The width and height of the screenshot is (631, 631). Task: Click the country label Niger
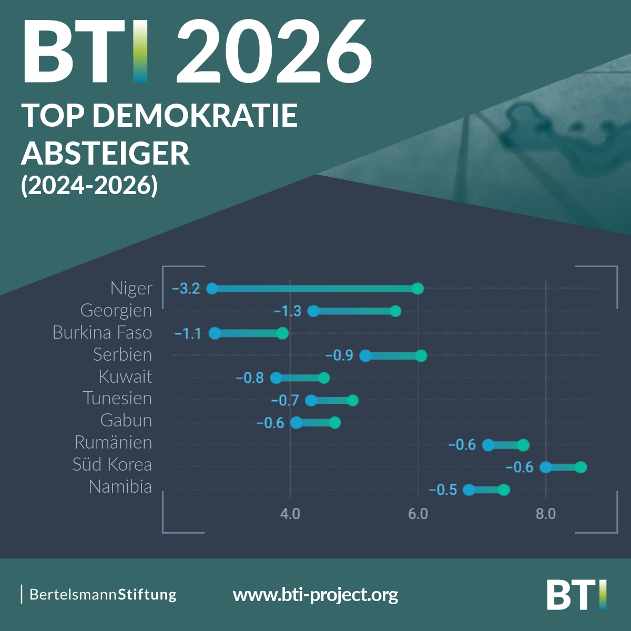pos(131,288)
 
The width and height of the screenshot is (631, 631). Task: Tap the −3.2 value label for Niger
pos(186,289)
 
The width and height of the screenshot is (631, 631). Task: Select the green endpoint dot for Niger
pos(418,288)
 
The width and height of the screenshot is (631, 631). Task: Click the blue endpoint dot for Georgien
pos(313,311)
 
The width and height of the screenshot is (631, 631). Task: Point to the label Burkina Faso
pos(103,332)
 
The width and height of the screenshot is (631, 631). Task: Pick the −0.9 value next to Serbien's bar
pos(339,355)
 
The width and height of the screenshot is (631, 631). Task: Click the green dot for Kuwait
pos(324,378)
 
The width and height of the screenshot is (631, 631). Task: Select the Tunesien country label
pos(117,398)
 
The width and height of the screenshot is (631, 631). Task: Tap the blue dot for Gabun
pos(297,422)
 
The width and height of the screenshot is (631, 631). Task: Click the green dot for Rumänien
pos(523,445)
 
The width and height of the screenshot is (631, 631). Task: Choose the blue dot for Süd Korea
pos(546,467)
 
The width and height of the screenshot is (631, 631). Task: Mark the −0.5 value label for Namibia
pos(443,490)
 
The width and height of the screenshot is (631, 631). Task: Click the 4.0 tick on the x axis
pos(290,514)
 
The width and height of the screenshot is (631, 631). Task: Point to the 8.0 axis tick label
pos(546,514)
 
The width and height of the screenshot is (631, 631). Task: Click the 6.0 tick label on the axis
pos(418,514)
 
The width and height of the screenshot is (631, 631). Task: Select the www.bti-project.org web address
pos(315,595)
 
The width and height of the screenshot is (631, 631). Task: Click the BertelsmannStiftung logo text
pos(103,595)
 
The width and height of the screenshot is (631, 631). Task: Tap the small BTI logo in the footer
pos(576,595)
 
